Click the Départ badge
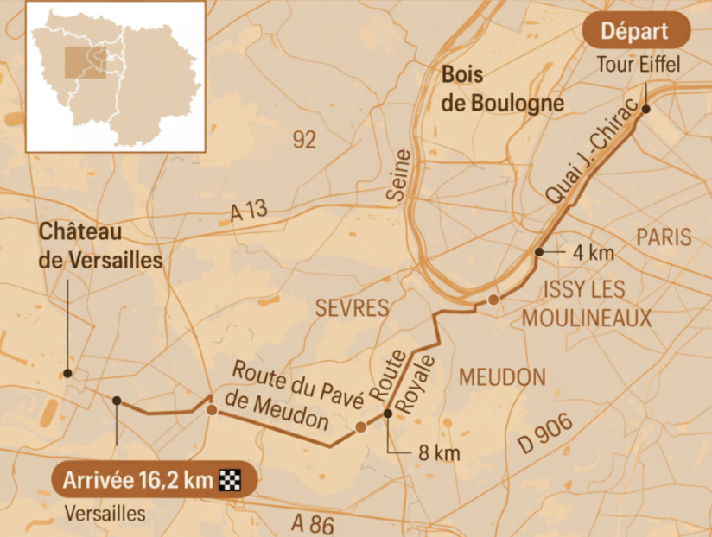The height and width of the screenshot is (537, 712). tap(636, 32)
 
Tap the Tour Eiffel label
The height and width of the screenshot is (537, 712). tap(639, 64)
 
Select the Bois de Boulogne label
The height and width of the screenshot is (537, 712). tap(503, 89)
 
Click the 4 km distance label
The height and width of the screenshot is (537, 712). tap(593, 253)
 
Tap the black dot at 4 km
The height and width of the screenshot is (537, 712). tap(538, 252)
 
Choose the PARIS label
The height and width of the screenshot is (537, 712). tap(664, 237)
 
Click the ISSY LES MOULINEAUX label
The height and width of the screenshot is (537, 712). tap(586, 303)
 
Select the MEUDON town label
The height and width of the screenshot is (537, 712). tap(503, 377)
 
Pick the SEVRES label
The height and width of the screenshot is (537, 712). tap(352, 308)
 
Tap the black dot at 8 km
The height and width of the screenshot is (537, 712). tap(388, 414)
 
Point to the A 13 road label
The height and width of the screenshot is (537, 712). tap(251, 212)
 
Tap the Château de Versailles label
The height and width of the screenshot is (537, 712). tap(101, 245)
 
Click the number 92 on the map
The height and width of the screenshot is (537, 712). tap(304, 140)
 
